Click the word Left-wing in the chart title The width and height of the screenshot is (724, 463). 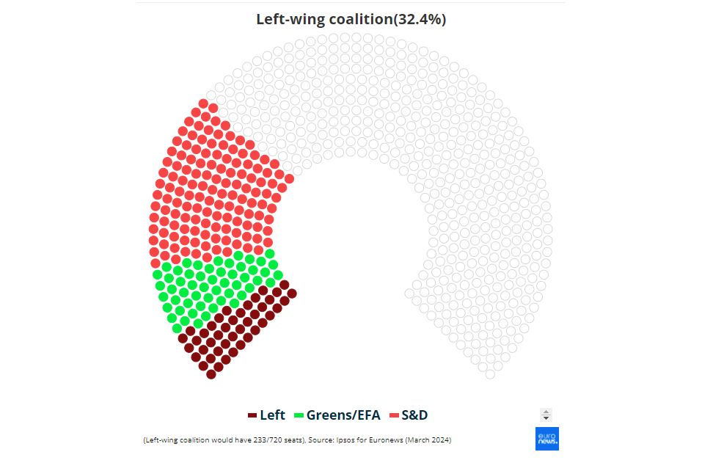coord(287,20)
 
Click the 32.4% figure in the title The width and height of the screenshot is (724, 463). coord(420,20)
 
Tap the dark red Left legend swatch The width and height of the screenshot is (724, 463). coord(252,415)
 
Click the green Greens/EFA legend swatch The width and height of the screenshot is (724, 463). coord(299,415)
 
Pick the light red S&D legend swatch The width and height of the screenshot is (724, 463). coord(393,415)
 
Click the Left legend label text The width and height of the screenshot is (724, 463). coord(272,415)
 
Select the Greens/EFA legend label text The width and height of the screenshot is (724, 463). coord(343,415)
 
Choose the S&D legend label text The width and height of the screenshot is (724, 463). coord(414,415)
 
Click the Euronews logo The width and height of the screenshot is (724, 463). coord(546,438)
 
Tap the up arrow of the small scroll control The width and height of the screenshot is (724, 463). coord(546,412)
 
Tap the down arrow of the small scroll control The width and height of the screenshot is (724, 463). coord(546,418)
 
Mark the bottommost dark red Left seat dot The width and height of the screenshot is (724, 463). coord(211,374)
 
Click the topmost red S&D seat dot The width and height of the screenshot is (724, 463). coord(203,103)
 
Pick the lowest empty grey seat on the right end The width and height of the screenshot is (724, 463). coord(490,374)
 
